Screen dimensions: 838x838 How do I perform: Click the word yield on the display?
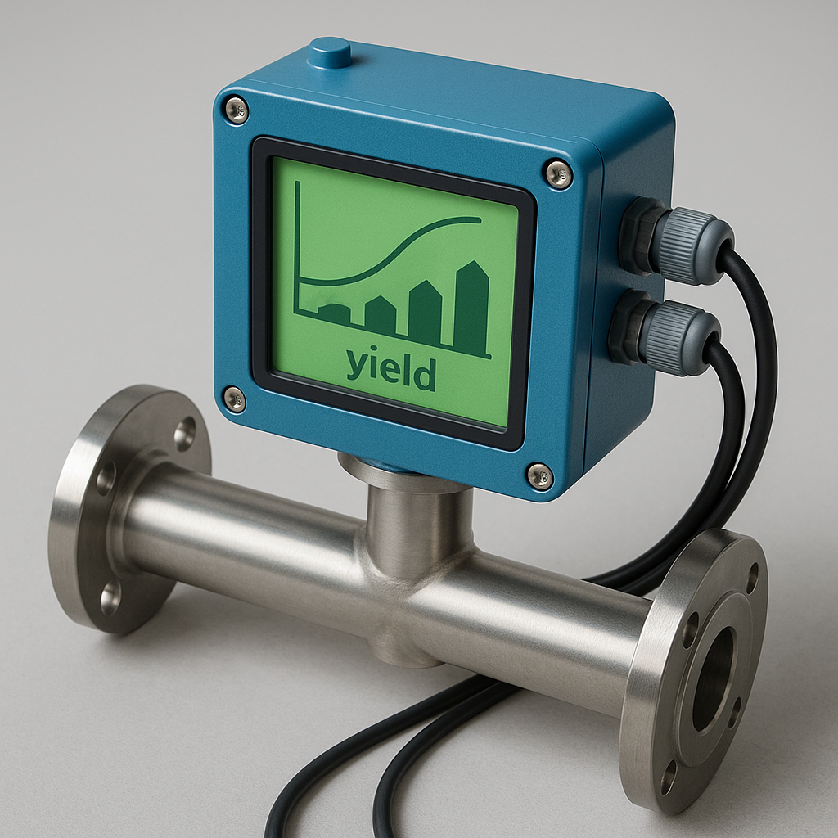click(390, 371)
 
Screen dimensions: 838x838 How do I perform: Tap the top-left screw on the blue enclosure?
click(236, 110)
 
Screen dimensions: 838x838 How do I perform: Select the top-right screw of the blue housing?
click(559, 173)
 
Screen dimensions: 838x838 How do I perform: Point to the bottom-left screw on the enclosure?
click(235, 399)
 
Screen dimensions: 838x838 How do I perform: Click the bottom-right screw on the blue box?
click(540, 475)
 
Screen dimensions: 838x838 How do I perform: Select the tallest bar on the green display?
click(471, 306)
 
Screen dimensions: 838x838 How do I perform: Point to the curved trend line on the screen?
click(393, 254)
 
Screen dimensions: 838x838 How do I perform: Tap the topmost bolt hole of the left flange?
click(185, 433)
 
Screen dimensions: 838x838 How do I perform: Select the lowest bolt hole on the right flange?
click(669, 777)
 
